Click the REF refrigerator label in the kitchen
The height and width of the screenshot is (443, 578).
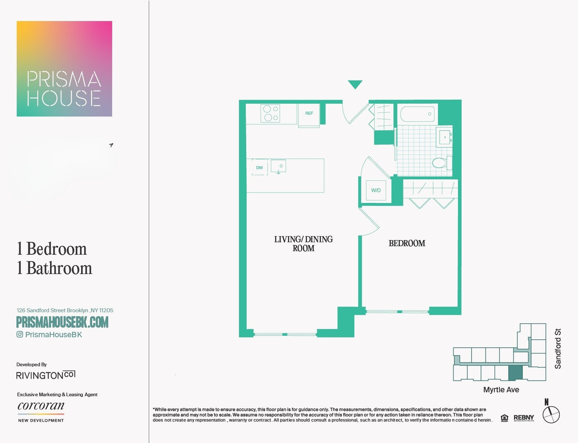point(309,113)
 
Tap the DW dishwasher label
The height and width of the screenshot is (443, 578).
point(260,167)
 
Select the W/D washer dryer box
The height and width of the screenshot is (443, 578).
point(376,190)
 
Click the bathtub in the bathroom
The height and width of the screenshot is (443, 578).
point(417,114)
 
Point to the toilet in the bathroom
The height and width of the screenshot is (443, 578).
point(442,163)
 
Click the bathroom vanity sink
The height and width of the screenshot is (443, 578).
point(445,137)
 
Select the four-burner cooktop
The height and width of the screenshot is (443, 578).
point(270,113)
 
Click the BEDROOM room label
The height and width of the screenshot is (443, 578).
point(407,243)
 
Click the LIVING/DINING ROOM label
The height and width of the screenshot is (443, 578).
point(303,244)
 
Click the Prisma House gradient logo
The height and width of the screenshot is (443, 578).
point(64,69)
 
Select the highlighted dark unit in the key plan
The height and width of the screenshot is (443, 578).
point(516,373)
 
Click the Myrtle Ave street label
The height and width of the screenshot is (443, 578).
point(501,390)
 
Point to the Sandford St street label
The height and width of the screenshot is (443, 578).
point(558,349)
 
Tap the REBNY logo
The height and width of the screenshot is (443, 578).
point(524,418)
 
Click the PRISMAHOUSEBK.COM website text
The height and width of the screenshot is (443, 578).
point(62,322)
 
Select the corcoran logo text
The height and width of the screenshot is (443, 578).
point(41,406)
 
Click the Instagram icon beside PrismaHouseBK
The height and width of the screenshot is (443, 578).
point(19,334)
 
